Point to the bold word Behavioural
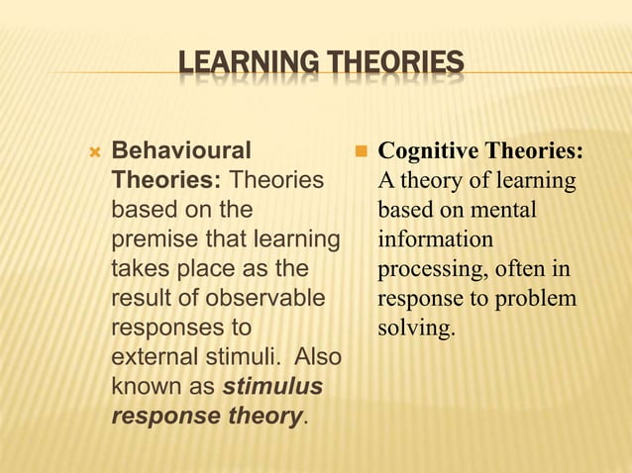(x=181, y=151)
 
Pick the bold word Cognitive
(x=424, y=151)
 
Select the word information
(x=435, y=239)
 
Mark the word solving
(x=416, y=327)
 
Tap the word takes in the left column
(x=139, y=269)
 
